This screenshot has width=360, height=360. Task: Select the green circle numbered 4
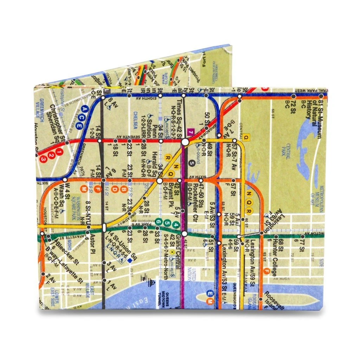176,225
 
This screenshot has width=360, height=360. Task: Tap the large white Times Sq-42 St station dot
185,142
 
